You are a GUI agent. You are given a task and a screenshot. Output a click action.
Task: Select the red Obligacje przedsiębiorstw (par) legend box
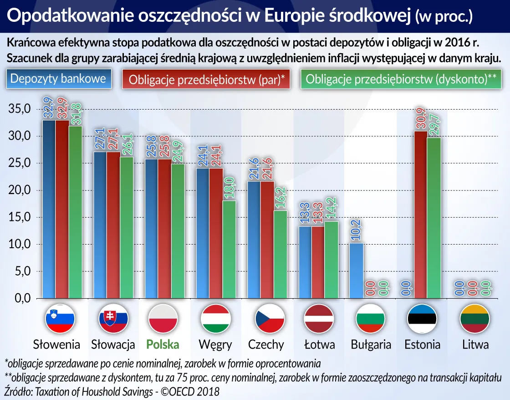(x=206, y=79)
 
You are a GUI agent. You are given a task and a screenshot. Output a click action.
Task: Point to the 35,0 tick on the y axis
(x=19, y=110)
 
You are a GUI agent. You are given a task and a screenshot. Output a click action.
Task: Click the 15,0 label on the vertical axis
(x=19, y=217)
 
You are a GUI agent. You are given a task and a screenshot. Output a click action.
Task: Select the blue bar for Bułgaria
(x=357, y=270)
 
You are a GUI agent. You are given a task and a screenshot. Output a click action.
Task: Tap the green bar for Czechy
(x=280, y=254)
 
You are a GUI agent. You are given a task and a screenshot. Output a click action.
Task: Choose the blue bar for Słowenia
(x=49, y=209)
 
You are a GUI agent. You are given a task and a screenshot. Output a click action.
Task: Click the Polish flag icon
(x=163, y=319)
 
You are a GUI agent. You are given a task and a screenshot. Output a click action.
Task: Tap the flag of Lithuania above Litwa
(x=474, y=319)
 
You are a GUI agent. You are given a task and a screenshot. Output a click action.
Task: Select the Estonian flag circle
(x=422, y=319)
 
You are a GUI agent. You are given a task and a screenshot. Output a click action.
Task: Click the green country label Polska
(x=163, y=345)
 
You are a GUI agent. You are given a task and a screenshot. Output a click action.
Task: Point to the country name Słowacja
(x=113, y=345)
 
